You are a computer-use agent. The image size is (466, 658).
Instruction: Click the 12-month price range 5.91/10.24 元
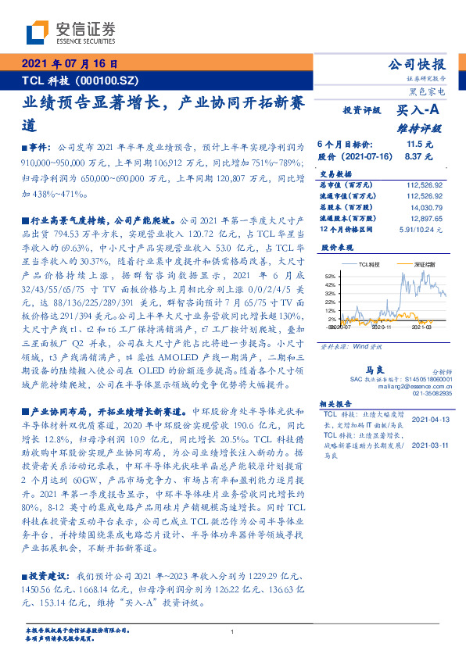(x=421, y=229)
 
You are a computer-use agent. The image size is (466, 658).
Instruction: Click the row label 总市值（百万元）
(x=349, y=185)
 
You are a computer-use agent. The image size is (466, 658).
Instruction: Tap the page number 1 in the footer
(x=233, y=632)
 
